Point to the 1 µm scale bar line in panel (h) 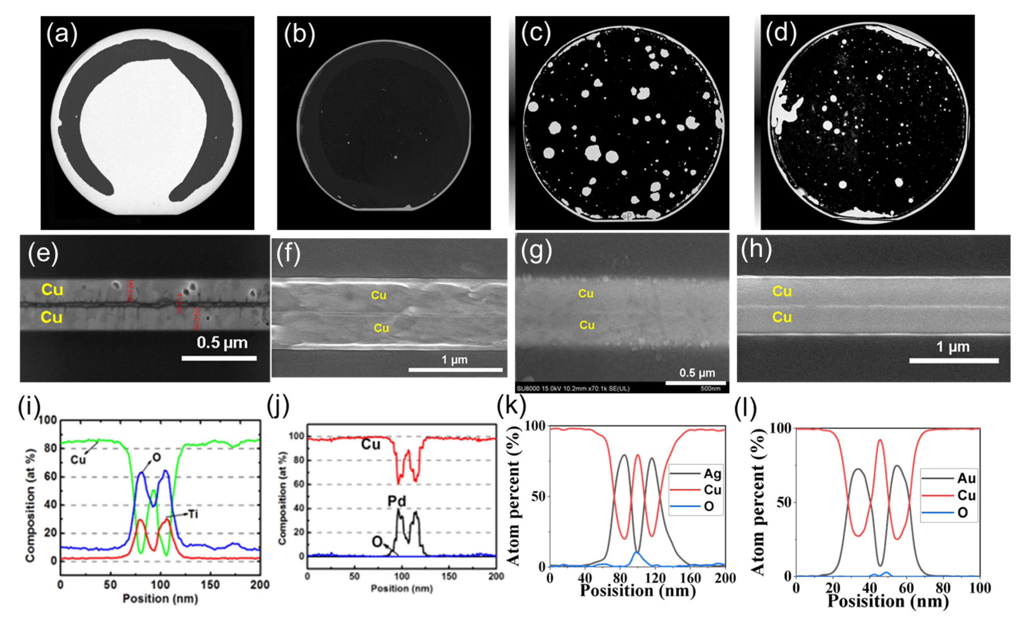click(x=954, y=361)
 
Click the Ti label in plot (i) click(x=193, y=514)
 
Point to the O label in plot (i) click(x=157, y=458)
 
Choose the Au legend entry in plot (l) click(x=966, y=479)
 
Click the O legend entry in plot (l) click(x=962, y=513)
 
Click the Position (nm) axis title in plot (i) click(x=160, y=599)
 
